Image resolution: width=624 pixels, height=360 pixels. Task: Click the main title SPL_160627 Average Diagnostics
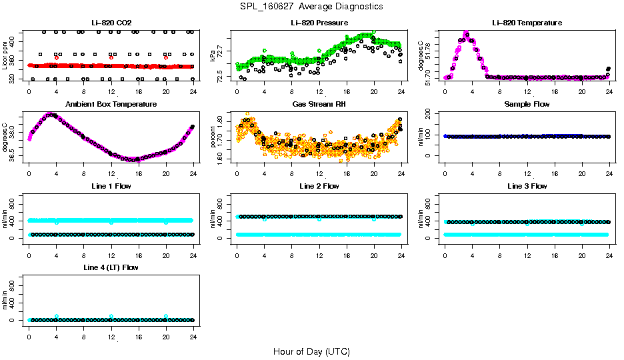click(312, 6)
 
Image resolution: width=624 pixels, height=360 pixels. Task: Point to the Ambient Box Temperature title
click(111, 105)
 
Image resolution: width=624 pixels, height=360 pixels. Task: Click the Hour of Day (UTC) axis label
click(311, 351)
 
